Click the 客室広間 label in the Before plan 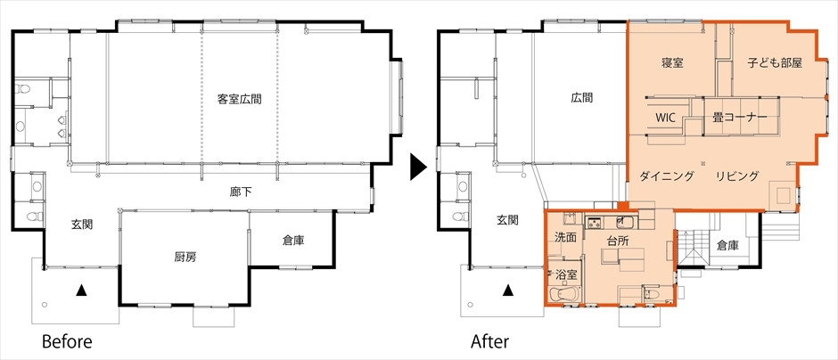click(240, 99)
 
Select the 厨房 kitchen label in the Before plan click(185, 258)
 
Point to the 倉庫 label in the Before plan click(293, 241)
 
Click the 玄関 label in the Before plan click(82, 225)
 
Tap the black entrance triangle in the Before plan click(81, 290)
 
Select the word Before click(67, 341)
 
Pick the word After click(489, 341)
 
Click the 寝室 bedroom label click(672, 63)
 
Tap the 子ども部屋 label click(775, 63)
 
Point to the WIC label click(666, 118)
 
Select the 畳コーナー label click(740, 118)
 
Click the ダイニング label click(667, 176)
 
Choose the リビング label click(737, 176)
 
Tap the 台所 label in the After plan click(618, 241)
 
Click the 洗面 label click(565, 237)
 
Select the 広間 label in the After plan click(581, 99)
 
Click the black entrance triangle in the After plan click(508, 290)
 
